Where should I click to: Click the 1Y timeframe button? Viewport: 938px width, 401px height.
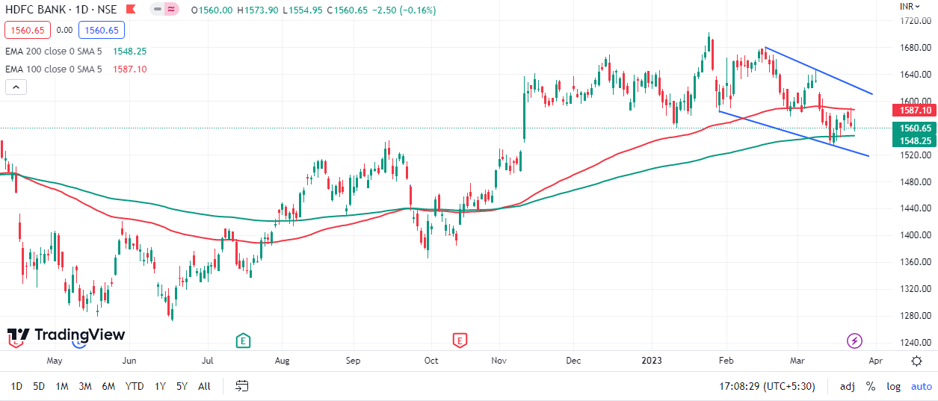pyautogui.click(x=160, y=386)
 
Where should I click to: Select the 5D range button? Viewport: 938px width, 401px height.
pyautogui.click(x=39, y=386)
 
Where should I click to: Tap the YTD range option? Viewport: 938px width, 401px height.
pyautogui.click(x=135, y=386)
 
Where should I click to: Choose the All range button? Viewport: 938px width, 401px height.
pyautogui.click(x=204, y=386)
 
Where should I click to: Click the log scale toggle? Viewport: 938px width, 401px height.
pyautogui.click(x=893, y=386)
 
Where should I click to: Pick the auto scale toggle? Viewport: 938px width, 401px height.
pyautogui.click(x=921, y=386)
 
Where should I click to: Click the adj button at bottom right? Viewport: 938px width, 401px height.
pyautogui.click(x=847, y=386)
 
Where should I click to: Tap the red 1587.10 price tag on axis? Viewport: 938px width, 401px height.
pyautogui.click(x=915, y=110)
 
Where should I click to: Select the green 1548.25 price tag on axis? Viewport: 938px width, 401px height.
pyautogui.click(x=915, y=140)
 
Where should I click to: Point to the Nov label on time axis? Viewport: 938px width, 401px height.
pyautogui.click(x=500, y=361)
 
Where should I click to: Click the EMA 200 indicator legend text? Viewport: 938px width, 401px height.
pyautogui.click(x=53, y=52)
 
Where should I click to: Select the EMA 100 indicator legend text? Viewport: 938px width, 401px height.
pyautogui.click(x=53, y=69)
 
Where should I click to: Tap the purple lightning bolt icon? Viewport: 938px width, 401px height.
pyautogui.click(x=854, y=341)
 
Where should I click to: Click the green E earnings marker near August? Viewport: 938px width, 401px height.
pyautogui.click(x=243, y=341)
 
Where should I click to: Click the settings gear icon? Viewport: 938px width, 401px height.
pyautogui.click(x=916, y=361)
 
